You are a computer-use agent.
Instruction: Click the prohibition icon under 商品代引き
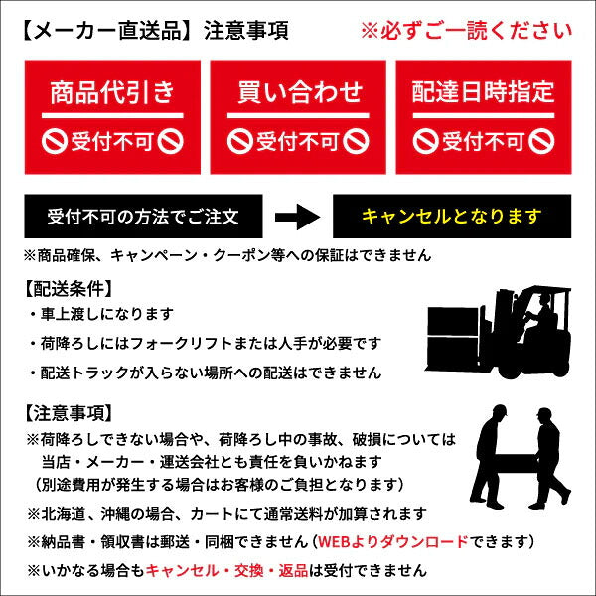point(55,141)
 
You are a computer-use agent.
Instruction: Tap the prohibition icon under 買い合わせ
point(240,141)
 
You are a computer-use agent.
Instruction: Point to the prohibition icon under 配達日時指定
point(426,141)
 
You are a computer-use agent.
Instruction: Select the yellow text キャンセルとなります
point(452,216)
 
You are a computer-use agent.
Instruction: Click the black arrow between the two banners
point(295,216)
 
